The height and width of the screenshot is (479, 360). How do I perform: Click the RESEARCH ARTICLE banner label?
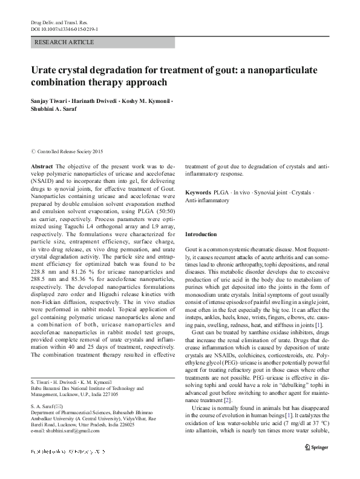click(x=65, y=42)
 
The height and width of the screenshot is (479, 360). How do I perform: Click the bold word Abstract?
click(x=42, y=165)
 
